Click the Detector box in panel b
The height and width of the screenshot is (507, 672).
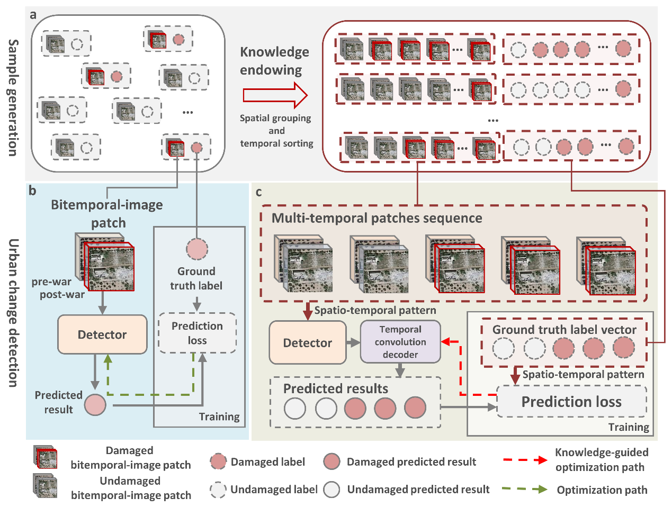tap(102, 334)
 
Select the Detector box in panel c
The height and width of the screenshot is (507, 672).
tap(307, 343)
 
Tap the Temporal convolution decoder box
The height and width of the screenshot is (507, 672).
tap(400, 342)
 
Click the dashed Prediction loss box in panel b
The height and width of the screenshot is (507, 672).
tap(197, 333)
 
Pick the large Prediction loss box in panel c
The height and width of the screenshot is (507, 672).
tap(571, 402)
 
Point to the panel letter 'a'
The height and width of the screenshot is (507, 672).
tap(33, 15)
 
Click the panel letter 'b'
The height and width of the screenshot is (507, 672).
tap(33, 191)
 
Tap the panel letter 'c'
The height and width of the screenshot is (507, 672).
tap(258, 192)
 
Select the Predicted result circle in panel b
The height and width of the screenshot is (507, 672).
tap(95, 405)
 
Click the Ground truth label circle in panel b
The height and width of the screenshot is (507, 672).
tap(197, 249)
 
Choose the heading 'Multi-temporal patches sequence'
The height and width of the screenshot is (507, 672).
tap(377, 218)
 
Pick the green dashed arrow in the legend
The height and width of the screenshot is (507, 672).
tap(524, 490)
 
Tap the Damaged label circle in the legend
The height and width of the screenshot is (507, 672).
tap(218, 461)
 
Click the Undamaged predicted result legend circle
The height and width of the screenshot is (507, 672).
tap(332, 490)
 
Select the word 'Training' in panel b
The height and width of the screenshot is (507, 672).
tap(219, 417)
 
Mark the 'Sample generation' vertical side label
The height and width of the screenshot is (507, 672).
tap(13, 98)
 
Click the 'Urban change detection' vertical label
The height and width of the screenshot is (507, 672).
tap(13, 312)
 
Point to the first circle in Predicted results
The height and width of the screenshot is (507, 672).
tap(295, 409)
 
